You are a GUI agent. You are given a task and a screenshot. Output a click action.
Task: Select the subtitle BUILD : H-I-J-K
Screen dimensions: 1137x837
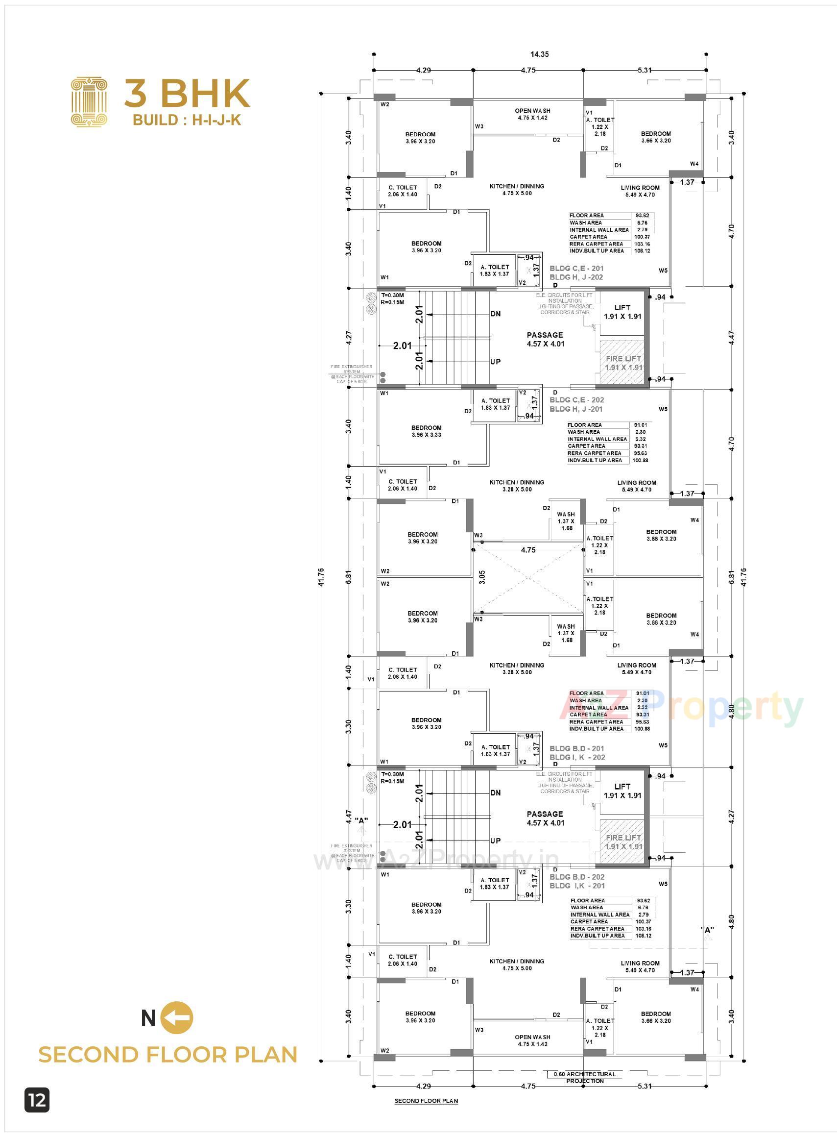187,120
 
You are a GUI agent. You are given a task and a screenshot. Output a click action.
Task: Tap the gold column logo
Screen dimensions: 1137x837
89,101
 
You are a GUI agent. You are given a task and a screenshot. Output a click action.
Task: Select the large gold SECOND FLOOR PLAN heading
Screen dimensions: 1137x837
167,1055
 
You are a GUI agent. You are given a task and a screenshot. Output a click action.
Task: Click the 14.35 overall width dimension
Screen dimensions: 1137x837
540,54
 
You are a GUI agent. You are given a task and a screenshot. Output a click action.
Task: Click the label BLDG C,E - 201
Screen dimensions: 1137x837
576,268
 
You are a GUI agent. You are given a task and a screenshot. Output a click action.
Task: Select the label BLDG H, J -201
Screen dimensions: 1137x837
576,409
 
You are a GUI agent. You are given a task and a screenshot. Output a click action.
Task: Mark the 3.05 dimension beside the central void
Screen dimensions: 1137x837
482,577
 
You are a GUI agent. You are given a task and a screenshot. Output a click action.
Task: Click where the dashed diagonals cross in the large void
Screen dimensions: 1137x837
528,577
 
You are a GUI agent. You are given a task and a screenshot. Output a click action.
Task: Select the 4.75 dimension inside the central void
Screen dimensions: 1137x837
528,550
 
